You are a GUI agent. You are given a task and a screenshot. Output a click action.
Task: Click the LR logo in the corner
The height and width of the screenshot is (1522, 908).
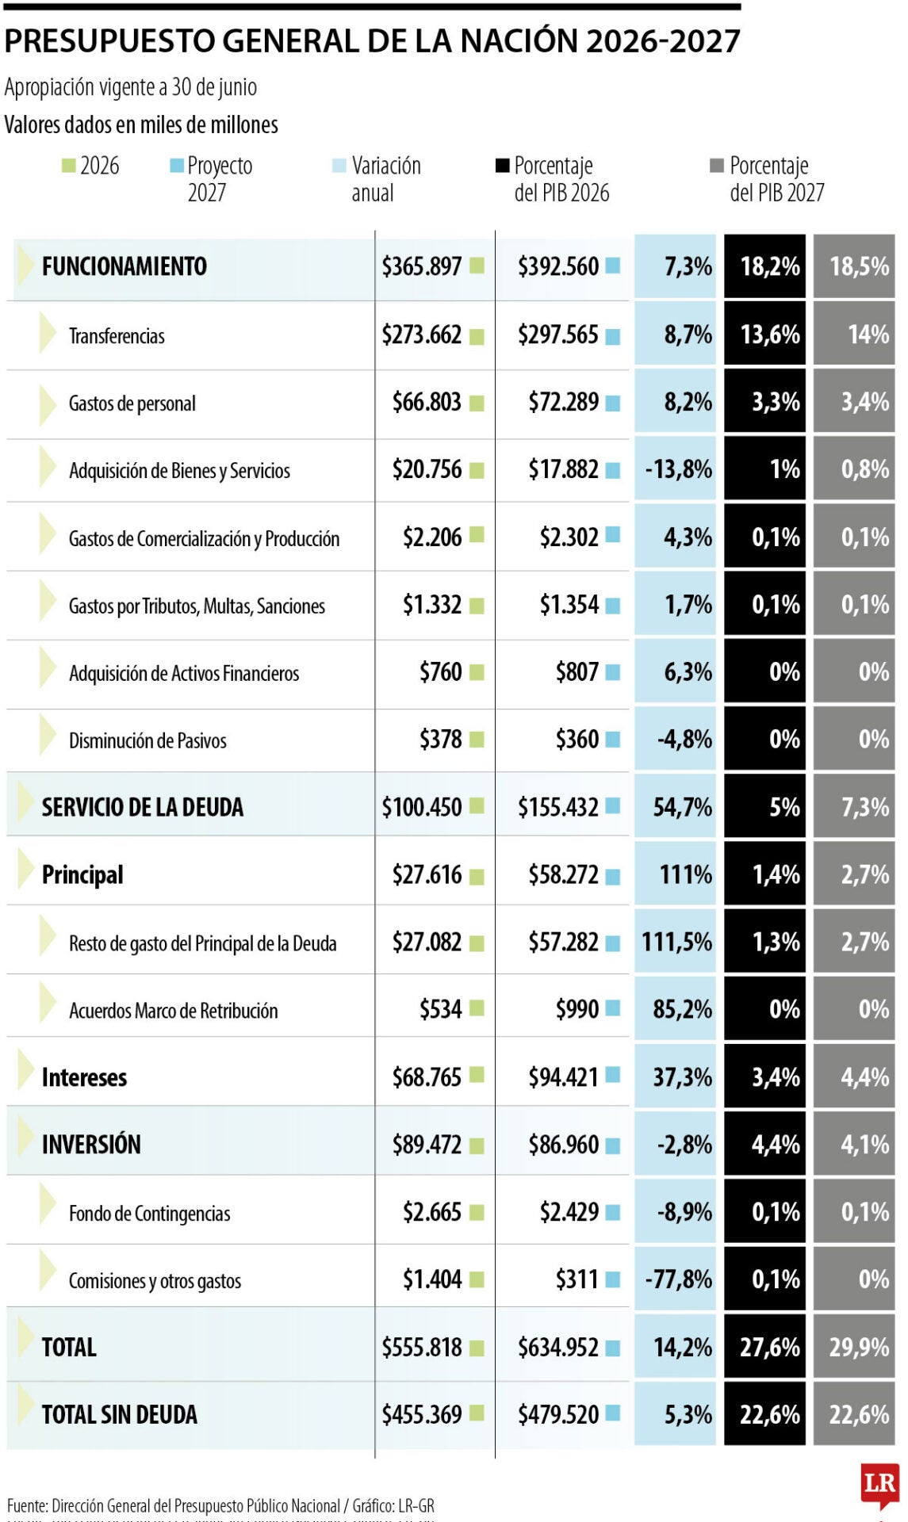[x=879, y=1484]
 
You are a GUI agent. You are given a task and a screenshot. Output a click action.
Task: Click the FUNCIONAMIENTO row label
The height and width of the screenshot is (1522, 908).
[x=125, y=266]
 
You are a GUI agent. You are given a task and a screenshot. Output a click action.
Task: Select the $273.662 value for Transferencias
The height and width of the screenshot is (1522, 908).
[x=421, y=335]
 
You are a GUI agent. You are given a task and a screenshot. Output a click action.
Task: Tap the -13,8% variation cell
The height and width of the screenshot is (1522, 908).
[x=679, y=469]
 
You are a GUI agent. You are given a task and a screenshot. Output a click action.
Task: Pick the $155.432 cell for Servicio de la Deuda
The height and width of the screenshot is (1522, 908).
[x=558, y=807]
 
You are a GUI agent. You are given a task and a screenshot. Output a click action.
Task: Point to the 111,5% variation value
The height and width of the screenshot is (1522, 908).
[x=677, y=942]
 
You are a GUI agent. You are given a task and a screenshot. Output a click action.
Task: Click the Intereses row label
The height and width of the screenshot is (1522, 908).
[x=84, y=1077]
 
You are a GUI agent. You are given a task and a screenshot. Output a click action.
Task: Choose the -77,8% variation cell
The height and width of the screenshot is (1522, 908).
[x=679, y=1279]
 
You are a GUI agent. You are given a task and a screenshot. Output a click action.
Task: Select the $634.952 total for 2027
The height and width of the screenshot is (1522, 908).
[x=558, y=1347]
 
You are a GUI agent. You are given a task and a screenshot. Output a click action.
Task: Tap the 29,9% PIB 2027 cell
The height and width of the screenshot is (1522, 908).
[x=860, y=1347]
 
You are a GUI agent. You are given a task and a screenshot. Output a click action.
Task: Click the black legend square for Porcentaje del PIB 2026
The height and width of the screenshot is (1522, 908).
[x=502, y=166]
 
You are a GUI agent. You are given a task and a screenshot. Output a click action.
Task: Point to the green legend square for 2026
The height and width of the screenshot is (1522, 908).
[x=69, y=166]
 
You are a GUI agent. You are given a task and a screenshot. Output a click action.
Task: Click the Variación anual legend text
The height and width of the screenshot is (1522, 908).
[x=386, y=178]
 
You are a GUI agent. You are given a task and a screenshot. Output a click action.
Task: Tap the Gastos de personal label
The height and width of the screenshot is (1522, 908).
[x=132, y=403]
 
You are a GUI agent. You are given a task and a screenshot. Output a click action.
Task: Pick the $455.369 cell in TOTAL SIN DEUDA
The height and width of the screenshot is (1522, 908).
[x=421, y=1414]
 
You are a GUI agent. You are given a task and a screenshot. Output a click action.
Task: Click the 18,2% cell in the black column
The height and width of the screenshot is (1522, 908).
[x=770, y=266]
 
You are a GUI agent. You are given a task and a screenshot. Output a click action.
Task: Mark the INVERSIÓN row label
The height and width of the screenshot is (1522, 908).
[x=91, y=1145]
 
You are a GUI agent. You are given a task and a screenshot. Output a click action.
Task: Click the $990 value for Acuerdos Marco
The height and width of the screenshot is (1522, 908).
[x=577, y=1009]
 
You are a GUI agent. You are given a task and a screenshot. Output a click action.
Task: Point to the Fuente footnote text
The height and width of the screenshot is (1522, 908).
[x=220, y=1505]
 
